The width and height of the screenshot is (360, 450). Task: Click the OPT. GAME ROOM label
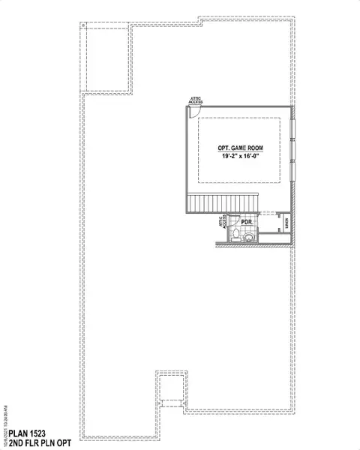240,148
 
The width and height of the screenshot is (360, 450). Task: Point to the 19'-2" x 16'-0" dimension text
240,157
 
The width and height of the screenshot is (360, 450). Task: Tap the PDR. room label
246,223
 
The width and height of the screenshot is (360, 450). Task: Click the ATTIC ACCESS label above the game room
196,100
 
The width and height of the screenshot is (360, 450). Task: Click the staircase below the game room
222,202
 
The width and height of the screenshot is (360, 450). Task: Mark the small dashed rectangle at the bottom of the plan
170,391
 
